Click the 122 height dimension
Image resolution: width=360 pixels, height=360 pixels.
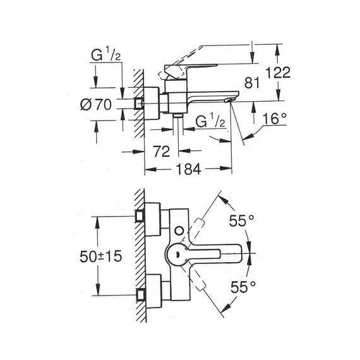[x=278, y=73]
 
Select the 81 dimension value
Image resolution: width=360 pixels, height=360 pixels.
[x=252, y=83]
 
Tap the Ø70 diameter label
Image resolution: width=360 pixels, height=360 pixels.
[x=96, y=104]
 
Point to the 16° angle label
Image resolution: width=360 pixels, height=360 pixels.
[x=274, y=119]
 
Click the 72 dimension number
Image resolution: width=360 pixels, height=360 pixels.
[x=162, y=152]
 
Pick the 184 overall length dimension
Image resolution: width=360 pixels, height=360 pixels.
[x=188, y=169]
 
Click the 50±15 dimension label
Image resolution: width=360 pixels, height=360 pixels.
[x=101, y=256]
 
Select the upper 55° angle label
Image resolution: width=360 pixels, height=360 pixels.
[x=241, y=220]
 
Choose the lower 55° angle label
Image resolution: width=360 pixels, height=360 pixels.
[x=243, y=287]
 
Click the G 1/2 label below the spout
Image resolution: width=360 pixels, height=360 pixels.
[x=210, y=121]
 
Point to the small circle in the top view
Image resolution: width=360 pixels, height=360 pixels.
[x=179, y=231]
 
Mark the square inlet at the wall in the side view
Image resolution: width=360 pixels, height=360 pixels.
[x=139, y=104]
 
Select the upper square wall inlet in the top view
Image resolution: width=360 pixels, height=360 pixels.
[x=140, y=216]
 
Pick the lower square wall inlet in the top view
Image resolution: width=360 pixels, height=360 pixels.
[x=140, y=295]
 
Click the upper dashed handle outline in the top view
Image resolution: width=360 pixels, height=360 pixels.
[x=199, y=225]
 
